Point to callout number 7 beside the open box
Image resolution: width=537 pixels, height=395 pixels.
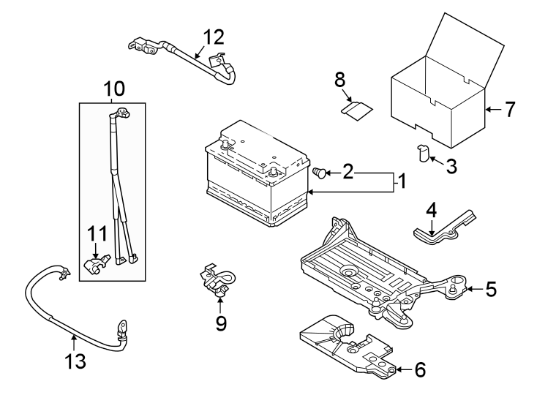click(x=509, y=110)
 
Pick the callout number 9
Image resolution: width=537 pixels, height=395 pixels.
click(x=221, y=322)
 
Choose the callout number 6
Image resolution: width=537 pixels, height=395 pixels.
click(x=419, y=369)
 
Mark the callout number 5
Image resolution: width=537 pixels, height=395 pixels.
click(x=490, y=290)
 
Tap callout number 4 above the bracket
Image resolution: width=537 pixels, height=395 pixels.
click(x=432, y=209)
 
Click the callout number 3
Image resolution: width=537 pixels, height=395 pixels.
click(x=451, y=167)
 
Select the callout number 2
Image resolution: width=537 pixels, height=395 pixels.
click(x=348, y=173)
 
